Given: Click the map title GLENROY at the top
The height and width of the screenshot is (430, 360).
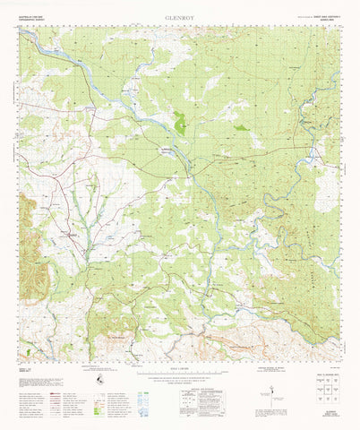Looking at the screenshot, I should point(180,15).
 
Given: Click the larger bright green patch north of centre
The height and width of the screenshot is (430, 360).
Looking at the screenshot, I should point(179,124).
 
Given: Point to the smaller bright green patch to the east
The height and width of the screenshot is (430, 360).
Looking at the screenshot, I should point(241,127).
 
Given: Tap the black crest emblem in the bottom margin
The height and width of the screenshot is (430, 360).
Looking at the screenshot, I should point(100,383).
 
